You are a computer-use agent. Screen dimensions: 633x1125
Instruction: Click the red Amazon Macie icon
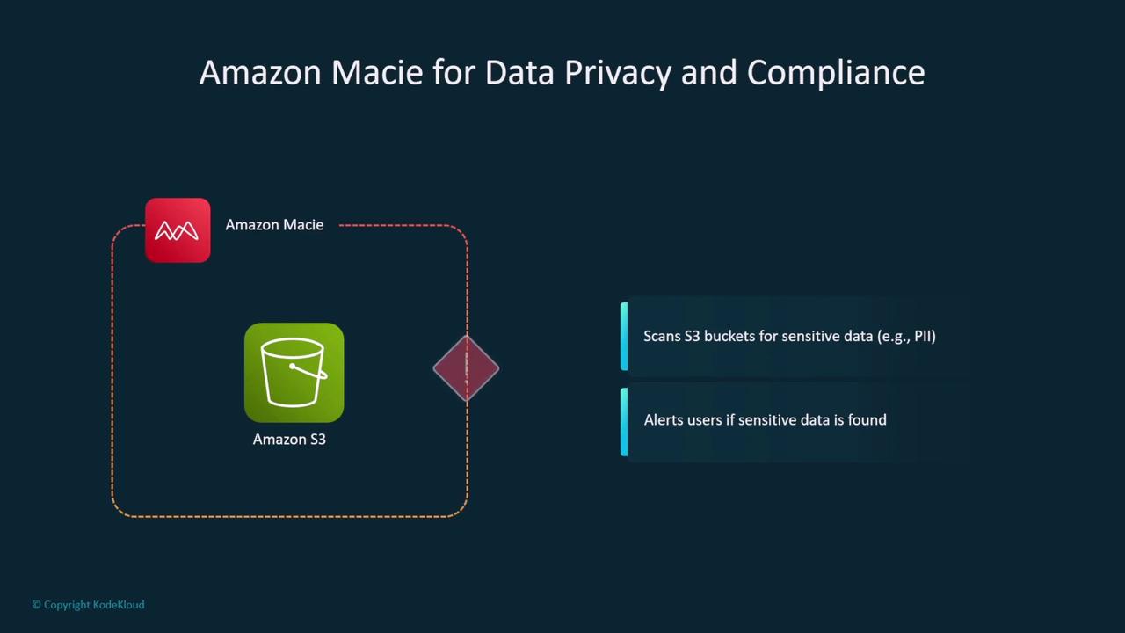[x=178, y=230]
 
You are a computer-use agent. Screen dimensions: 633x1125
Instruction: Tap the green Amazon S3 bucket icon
[x=294, y=373]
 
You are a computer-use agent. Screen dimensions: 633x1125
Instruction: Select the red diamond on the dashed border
[x=466, y=368]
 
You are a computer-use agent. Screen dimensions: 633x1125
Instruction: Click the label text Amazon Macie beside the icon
[x=274, y=225]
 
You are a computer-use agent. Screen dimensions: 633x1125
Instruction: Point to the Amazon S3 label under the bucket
[x=289, y=439]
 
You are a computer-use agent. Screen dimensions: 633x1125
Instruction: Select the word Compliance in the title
[x=835, y=72]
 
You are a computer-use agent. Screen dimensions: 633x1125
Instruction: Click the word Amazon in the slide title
[x=261, y=72]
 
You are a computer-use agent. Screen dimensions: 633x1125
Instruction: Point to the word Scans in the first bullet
[x=662, y=336]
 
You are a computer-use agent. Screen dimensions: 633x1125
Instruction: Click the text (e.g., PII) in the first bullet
[x=906, y=336]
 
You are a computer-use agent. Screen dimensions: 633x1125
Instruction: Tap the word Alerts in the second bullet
[x=664, y=420]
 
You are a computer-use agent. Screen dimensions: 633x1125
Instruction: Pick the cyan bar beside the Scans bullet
[x=624, y=337]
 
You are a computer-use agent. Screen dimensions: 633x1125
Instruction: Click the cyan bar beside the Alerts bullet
[x=624, y=422]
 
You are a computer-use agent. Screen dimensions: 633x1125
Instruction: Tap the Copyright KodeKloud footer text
[x=88, y=605]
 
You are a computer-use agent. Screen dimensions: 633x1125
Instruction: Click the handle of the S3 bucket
[x=309, y=372]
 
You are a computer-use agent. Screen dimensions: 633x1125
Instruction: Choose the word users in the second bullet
[x=705, y=420]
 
